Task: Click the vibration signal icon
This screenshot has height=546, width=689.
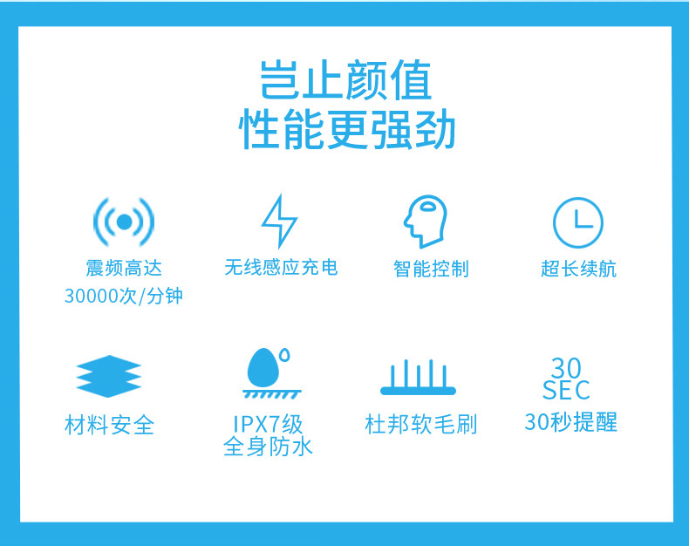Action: tap(124, 222)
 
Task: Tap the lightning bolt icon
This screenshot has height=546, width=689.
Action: tap(279, 222)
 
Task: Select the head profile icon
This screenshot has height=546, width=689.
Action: tap(426, 222)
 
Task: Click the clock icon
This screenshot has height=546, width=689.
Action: tap(578, 222)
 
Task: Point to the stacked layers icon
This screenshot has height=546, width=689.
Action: tap(108, 376)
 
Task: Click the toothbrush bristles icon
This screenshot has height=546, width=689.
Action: tap(418, 378)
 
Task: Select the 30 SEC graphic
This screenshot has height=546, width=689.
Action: tap(566, 379)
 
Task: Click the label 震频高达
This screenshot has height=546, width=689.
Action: tap(124, 268)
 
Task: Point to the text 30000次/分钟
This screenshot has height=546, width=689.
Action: tap(124, 296)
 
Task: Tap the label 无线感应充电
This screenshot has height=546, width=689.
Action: tap(281, 267)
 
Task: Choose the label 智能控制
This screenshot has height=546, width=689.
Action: tap(431, 269)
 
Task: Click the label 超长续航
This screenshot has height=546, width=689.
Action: tap(579, 269)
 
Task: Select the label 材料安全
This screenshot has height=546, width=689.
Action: tap(109, 425)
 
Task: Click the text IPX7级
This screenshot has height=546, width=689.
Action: tap(268, 424)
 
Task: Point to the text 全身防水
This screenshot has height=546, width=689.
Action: tap(268, 447)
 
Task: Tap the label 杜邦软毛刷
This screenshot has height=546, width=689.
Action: tap(421, 424)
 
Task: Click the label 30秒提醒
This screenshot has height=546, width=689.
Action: tap(570, 422)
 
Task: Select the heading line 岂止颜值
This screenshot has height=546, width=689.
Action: tap(346, 80)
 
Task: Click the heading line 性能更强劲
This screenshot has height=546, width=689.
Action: tap(347, 129)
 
